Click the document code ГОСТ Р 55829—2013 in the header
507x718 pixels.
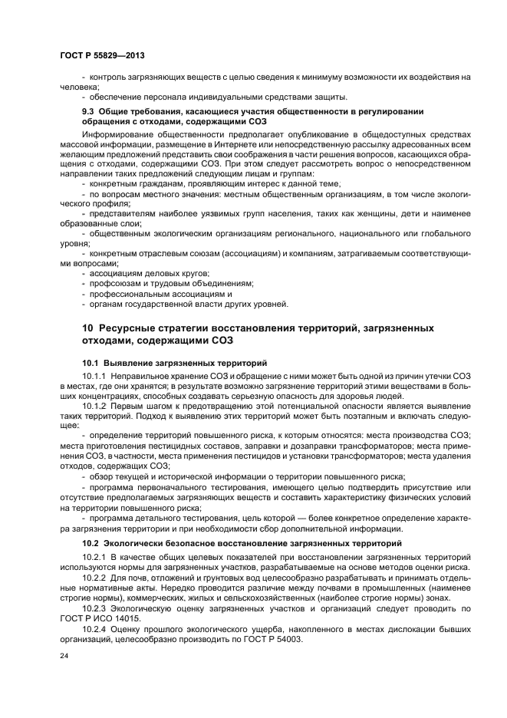pyautogui.click(x=102, y=57)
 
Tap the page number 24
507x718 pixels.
pyautogui.click(x=64, y=657)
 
